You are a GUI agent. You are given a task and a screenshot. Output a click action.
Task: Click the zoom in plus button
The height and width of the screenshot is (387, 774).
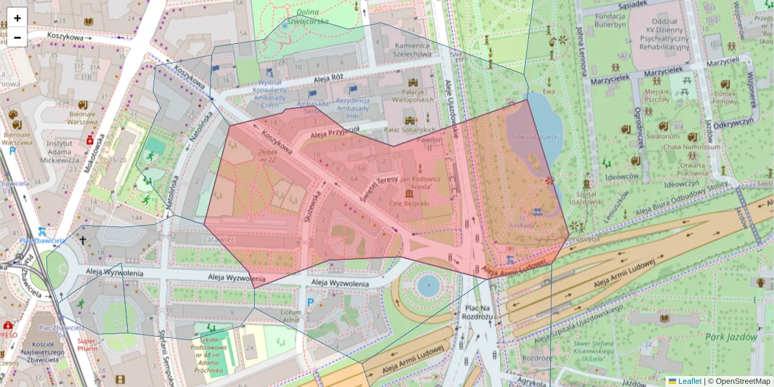pyautogui.click(x=17, y=18)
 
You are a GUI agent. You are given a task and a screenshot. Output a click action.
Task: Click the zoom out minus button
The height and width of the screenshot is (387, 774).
pyautogui.click(x=17, y=37)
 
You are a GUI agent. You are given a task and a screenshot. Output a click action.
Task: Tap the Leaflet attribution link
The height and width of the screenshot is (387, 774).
pyautogui.click(x=690, y=381)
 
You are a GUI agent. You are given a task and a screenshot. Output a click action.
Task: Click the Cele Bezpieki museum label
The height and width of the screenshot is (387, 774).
pyautogui.click(x=409, y=203)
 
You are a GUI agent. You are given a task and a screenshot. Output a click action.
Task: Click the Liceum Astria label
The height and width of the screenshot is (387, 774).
pyautogui.click(x=290, y=315)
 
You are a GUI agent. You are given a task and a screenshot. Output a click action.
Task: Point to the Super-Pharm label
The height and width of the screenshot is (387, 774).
pyautogui.click(x=87, y=344)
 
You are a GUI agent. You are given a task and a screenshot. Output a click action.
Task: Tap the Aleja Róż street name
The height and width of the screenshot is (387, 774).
pyautogui.click(x=327, y=77)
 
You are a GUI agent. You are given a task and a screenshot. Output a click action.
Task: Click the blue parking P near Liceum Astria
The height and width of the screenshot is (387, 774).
pyautogui.click(x=310, y=302)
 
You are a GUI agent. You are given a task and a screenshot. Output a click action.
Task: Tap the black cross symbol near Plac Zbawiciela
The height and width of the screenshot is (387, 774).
pyautogui.click(x=82, y=240)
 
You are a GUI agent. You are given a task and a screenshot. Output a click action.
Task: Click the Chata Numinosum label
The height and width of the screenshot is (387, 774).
pyautogui.click(x=692, y=146)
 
